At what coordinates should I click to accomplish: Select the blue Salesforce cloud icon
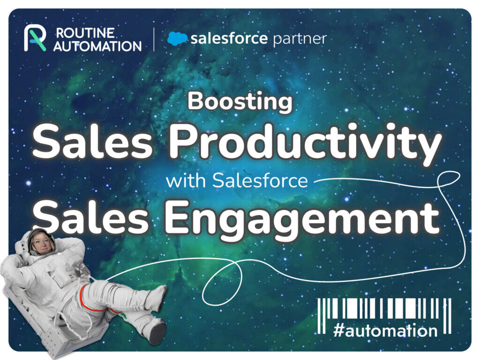(177, 38)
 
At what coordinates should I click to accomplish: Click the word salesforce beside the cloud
(228, 38)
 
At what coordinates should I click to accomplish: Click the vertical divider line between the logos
(154, 39)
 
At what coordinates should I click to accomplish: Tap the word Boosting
(240, 102)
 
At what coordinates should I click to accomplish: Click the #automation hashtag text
(384, 330)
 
